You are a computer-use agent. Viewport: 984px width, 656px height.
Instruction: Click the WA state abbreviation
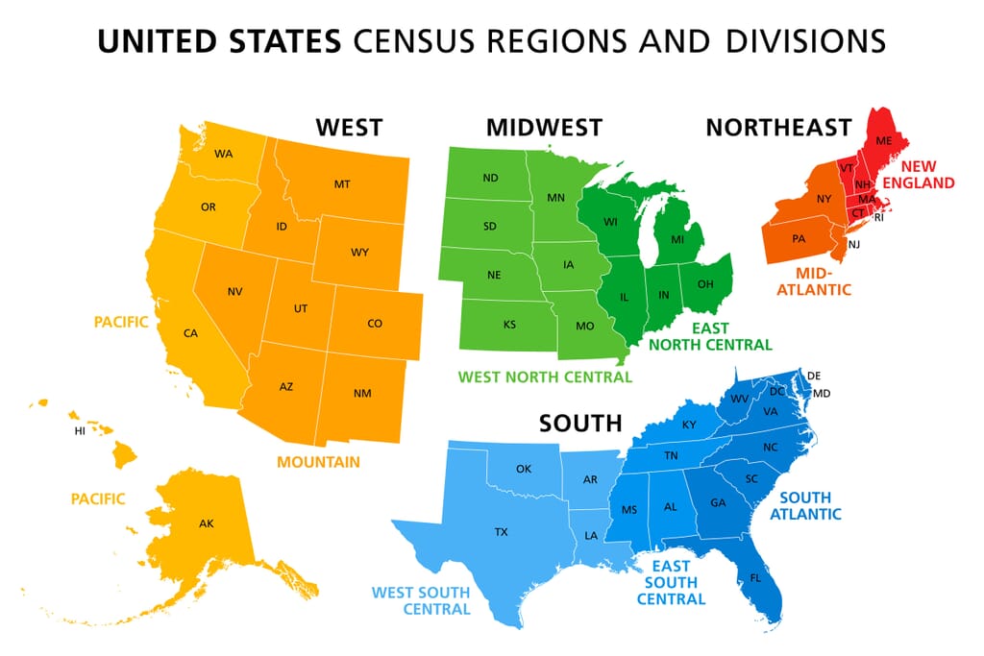[224, 154]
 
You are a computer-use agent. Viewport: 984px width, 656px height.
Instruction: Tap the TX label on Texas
[501, 531]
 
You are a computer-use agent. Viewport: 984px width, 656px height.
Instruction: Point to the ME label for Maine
[884, 141]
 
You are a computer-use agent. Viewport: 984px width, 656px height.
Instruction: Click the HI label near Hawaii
[80, 431]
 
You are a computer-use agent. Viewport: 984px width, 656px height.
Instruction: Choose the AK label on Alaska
[206, 523]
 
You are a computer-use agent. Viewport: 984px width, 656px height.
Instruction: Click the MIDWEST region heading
[544, 127]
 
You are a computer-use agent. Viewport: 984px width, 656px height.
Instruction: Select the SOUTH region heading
[579, 423]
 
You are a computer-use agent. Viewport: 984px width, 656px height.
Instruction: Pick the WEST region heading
[349, 127]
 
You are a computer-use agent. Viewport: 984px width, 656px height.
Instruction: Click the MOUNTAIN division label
[318, 462]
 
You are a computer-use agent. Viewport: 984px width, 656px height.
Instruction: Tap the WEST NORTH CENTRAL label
[545, 377]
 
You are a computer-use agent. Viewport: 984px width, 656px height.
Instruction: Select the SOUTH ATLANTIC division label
[810, 505]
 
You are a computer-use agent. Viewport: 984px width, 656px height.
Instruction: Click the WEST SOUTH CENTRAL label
[421, 600]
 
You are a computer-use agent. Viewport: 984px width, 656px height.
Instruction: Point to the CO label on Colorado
[375, 324]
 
